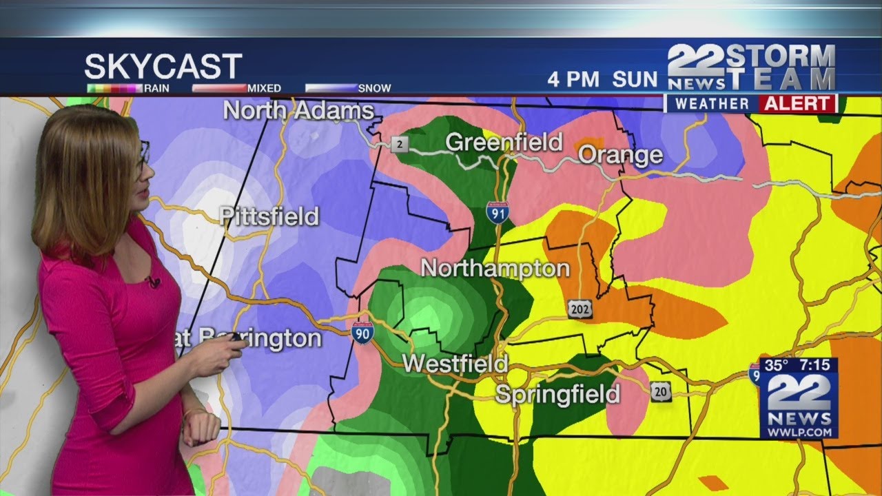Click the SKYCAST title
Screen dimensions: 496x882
pyautogui.click(x=163, y=67)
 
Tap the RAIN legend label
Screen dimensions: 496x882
pyautogui.click(x=156, y=88)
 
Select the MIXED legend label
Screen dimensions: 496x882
pyautogui.click(x=265, y=88)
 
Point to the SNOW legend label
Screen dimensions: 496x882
pyautogui.click(x=375, y=88)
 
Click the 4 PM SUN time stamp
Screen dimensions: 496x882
pyautogui.click(x=602, y=79)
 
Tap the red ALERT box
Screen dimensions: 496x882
pyautogui.click(x=797, y=104)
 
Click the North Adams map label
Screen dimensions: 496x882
pyautogui.click(x=299, y=110)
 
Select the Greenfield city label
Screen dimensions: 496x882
pyautogui.click(x=504, y=142)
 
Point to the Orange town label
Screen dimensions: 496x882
pyautogui.click(x=620, y=155)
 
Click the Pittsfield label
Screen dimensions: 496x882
pyautogui.click(x=269, y=216)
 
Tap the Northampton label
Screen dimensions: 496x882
pyautogui.click(x=495, y=268)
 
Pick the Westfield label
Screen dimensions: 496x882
pyautogui.click(x=455, y=363)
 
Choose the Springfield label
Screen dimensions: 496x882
pyautogui.click(x=557, y=394)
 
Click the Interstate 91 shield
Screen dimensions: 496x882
pyautogui.click(x=497, y=212)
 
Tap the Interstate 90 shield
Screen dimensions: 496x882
pyautogui.click(x=362, y=333)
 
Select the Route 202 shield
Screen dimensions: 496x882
pyautogui.click(x=580, y=309)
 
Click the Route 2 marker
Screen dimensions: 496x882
pyautogui.click(x=399, y=145)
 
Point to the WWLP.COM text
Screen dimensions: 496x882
pyautogui.click(x=799, y=431)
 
